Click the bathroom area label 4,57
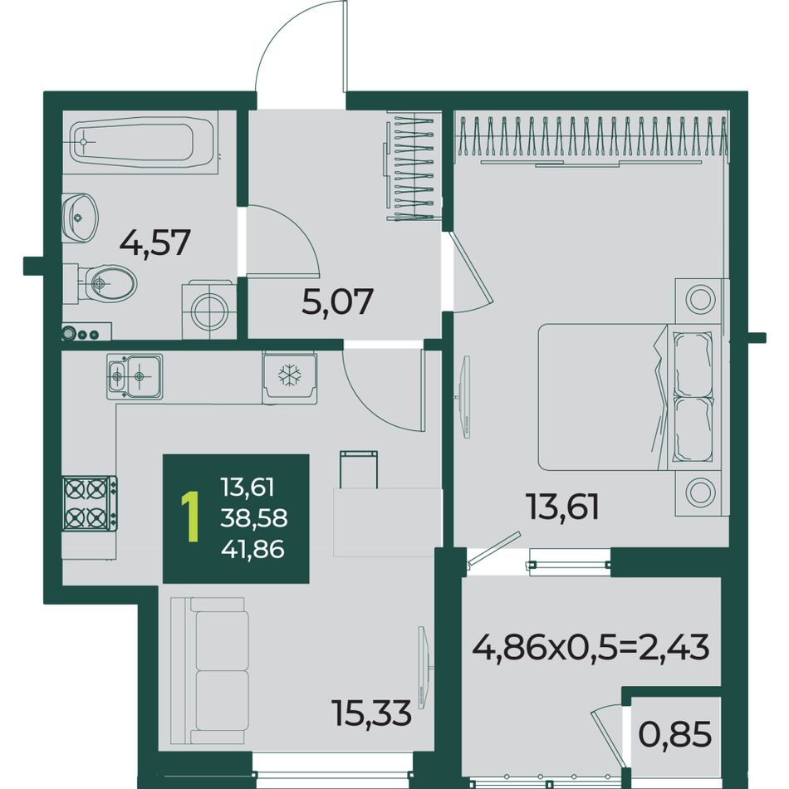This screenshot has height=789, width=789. tap(155, 243)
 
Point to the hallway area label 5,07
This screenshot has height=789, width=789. tap(337, 301)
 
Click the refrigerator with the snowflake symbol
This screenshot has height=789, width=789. tap(289, 379)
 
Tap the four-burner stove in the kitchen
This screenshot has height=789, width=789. tap(90, 503)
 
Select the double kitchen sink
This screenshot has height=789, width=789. tap(135, 376)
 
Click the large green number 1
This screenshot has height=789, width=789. tap(190, 517)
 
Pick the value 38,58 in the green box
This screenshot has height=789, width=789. tap(254, 517)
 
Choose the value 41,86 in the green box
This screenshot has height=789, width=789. tap(253, 548)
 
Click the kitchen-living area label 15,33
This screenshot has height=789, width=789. tap(371, 713)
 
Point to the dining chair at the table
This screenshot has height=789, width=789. tap(359, 469)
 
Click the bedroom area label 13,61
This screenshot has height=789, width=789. tap(562, 507)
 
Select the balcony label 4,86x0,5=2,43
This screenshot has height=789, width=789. tap(591, 647)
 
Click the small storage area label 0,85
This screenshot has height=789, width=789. tap(674, 734)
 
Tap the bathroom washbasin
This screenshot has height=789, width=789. tap(80, 218)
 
